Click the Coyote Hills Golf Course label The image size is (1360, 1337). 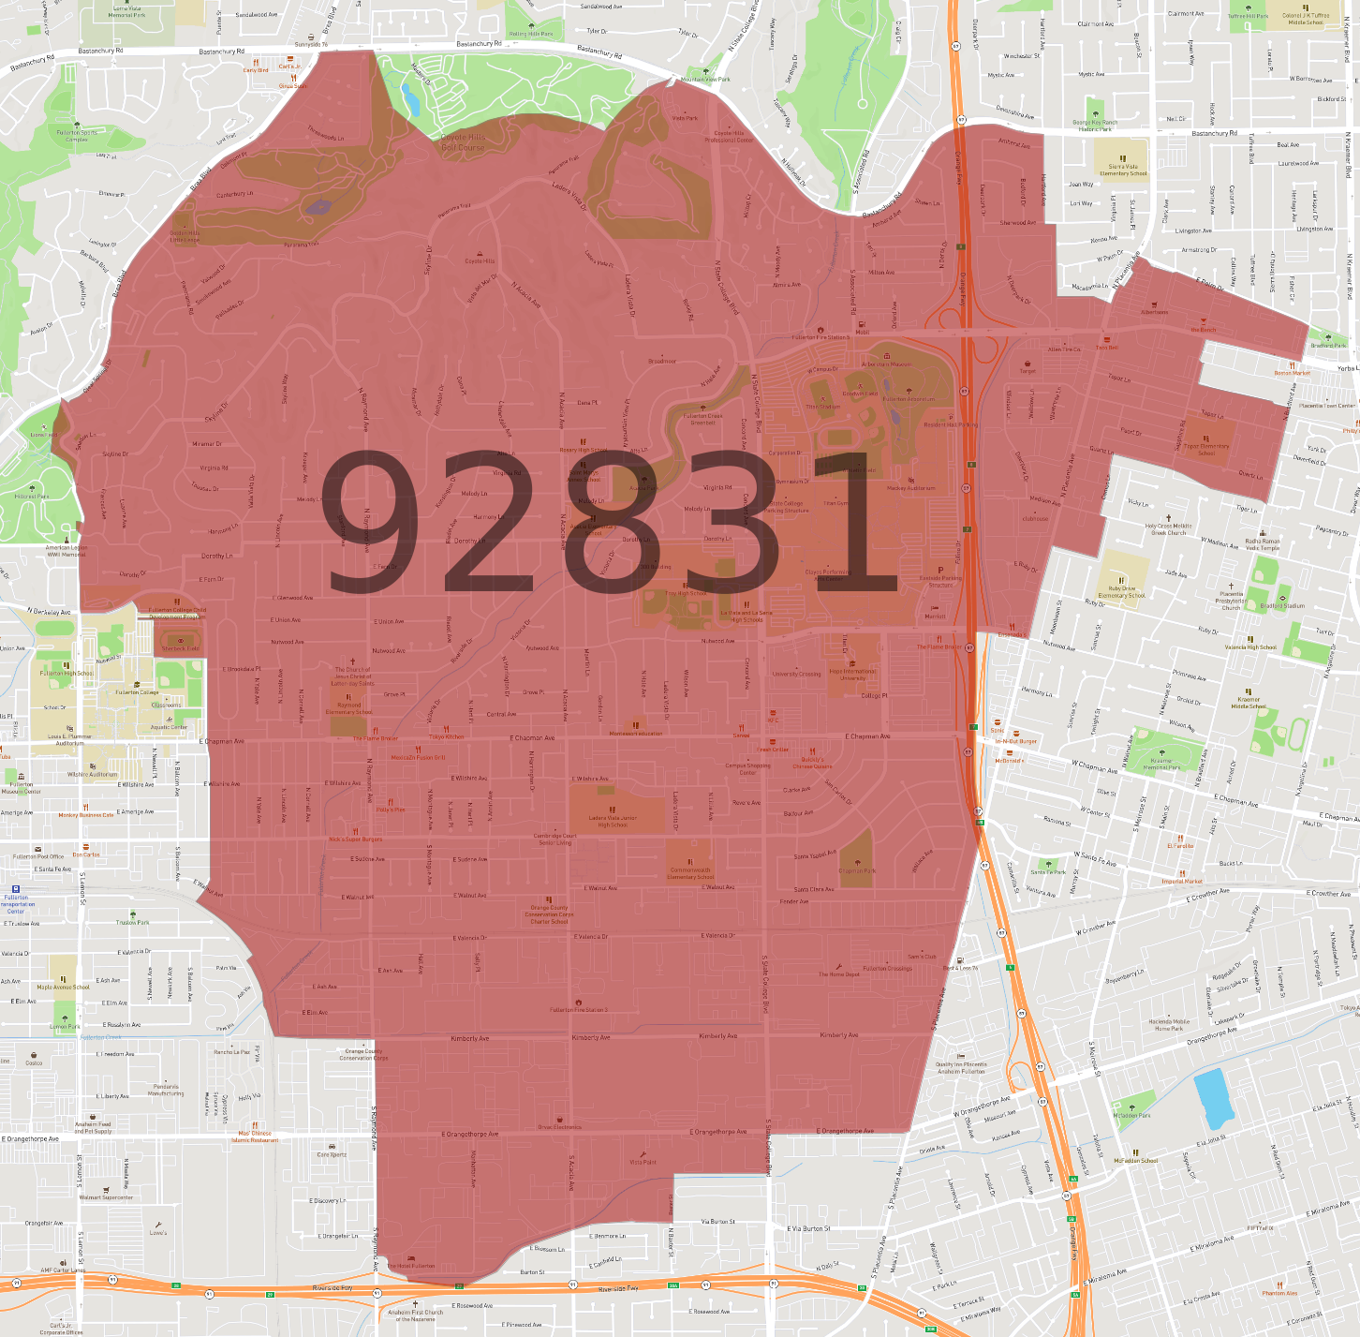(x=463, y=142)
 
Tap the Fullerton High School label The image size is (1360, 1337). (x=66, y=673)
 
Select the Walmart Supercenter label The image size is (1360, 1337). (x=106, y=1196)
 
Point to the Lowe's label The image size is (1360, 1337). (x=157, y=1232)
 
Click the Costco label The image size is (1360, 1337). (x=34, y=1062)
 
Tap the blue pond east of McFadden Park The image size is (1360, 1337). (x=1214, y=1099)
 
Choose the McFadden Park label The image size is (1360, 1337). (x=1131, y=1115)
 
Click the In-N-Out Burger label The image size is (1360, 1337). (x=1015, y=741)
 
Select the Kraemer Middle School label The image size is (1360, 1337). (x=1249, y=702)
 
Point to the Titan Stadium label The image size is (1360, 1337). (x=822, y=406)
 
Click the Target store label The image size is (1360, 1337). (x=1027, y=370)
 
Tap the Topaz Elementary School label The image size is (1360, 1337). (x=1206, y=449)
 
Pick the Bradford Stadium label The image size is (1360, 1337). (x=1282, y=605)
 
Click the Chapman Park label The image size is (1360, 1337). (x=857, y=870)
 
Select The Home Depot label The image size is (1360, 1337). (x=838, y=973)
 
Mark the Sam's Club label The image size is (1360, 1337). (x=922, y=956)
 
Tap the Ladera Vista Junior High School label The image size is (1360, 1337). (x=613, y=821)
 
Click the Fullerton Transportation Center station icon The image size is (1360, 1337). (x=16, y=889)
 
